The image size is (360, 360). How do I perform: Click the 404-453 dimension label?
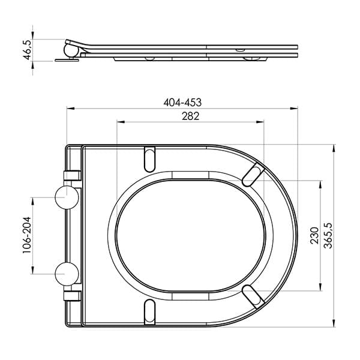[x=182, y=102]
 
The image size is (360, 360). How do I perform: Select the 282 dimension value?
[x=190, y=116]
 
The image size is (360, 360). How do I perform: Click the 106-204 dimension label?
[x=27, y=235]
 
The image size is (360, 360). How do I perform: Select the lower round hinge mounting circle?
[x=67, y=274]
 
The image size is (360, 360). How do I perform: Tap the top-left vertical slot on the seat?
[x=149, y=158]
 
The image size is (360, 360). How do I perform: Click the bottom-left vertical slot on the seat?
[x=149, y=313]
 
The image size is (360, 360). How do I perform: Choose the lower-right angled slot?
[x=253, y=297]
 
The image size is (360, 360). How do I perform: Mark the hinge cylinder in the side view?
[x=71, y=47]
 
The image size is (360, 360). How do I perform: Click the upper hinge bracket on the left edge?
[x=73, y=175]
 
